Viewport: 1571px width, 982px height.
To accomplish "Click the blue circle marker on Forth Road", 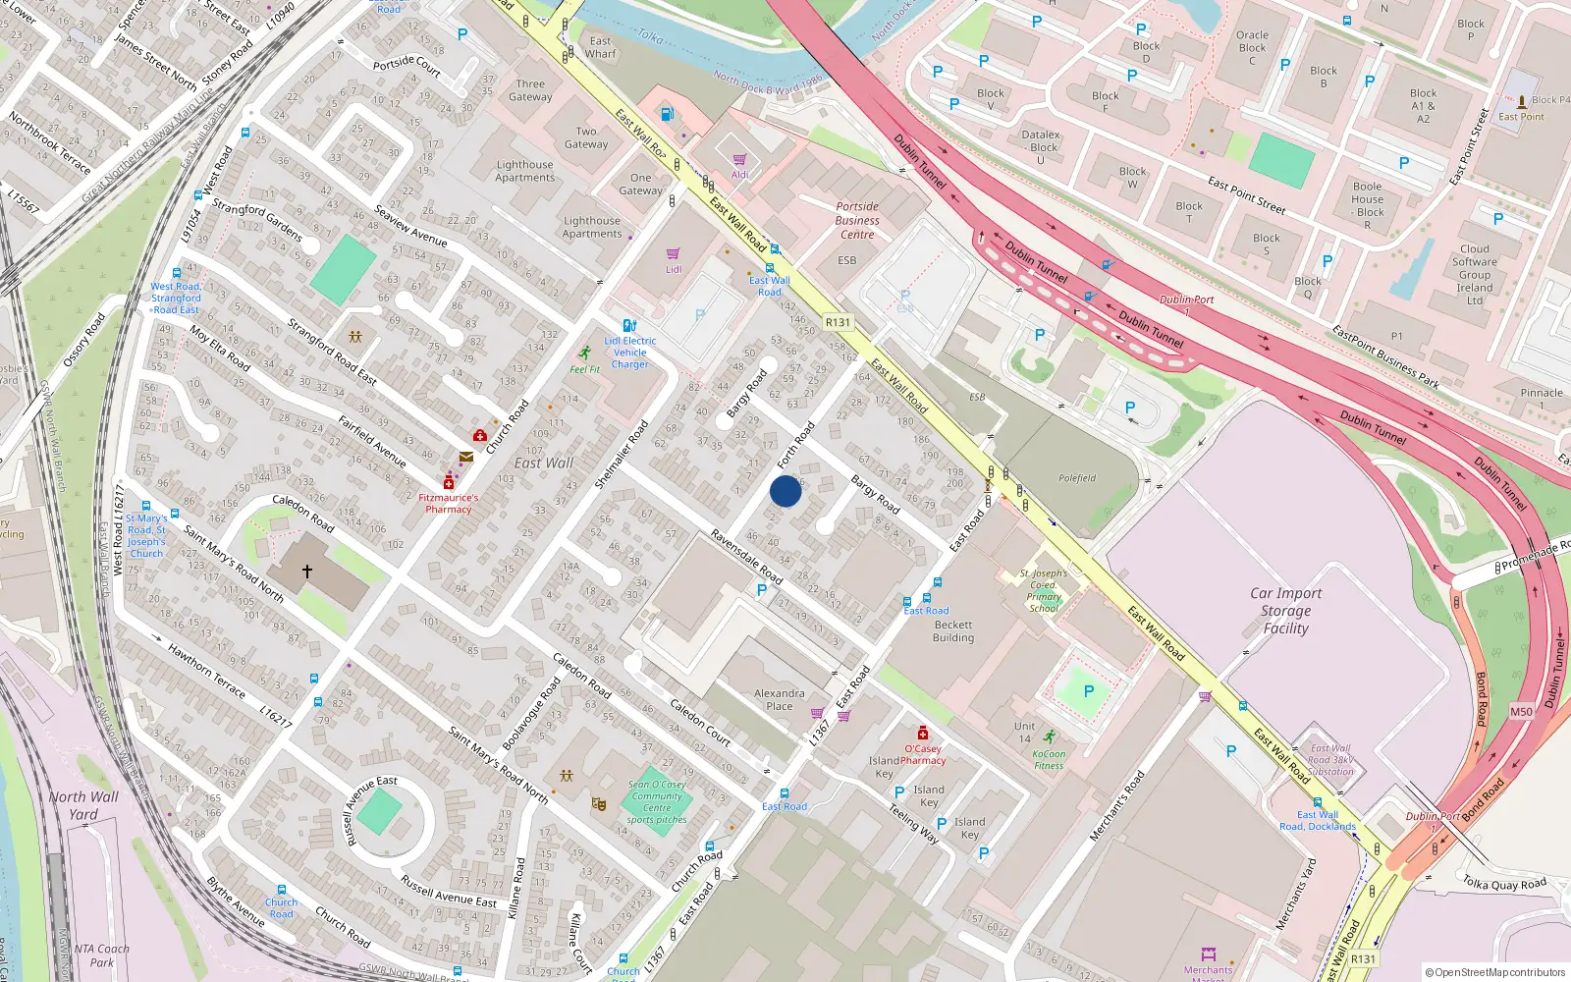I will point(785,491).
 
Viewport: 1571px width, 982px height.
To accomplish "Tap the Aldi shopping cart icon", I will point(739,159).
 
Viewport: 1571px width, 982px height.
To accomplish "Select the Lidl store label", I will point(674,269).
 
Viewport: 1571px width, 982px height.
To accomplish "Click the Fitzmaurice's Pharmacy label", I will point(449,503).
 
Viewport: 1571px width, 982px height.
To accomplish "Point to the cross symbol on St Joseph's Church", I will point(307,571).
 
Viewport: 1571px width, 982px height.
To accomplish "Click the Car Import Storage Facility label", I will point(1285,610).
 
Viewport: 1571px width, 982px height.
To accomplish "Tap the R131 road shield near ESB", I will point(838,322).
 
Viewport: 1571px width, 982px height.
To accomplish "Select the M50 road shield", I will point(1521,712).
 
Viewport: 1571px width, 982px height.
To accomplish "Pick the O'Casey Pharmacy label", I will point(923,754).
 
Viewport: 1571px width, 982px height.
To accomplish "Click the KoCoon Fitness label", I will point(1049,760).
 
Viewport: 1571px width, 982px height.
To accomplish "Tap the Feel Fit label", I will point(585,369).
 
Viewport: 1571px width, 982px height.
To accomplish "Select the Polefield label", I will point(1077,478).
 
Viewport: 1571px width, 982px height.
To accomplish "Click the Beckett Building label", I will point(953,630).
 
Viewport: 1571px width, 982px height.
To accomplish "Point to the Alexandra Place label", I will point(780,699).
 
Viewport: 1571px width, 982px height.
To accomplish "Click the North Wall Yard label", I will point(83,805).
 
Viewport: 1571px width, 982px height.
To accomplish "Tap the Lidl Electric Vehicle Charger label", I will point(630,353).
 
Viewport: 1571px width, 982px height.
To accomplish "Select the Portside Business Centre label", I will point(857,220).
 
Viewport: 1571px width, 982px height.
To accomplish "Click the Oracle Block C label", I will point(1252,47).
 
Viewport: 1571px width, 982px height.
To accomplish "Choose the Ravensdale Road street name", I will point(746,557).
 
